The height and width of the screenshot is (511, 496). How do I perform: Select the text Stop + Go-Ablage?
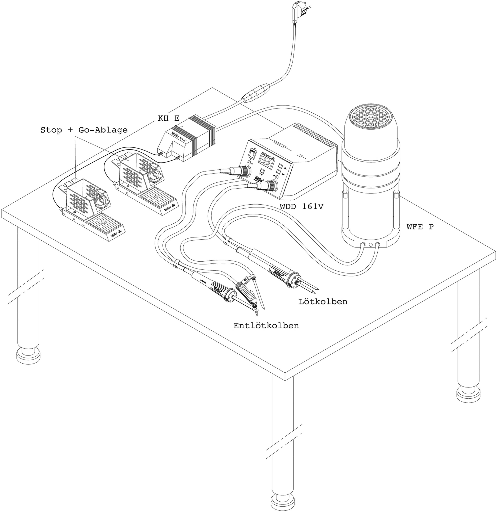(84, 130)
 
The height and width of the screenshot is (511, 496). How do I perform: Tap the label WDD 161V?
(301, 206)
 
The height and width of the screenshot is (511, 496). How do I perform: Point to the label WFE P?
(420, 227)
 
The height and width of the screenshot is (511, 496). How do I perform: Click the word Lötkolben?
(323, 302)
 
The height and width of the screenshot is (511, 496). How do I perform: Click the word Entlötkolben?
(266, 326)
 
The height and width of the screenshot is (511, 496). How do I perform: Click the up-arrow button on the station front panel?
(281, 166)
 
